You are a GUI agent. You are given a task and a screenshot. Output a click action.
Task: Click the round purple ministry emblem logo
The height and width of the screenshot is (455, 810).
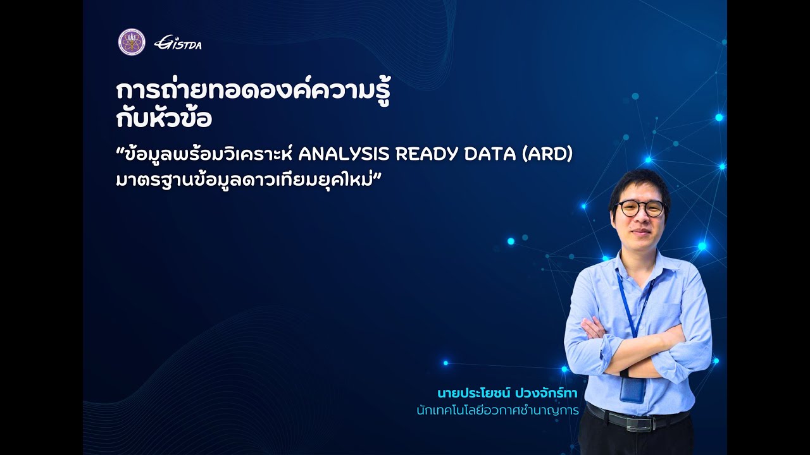click(x=132, y=42)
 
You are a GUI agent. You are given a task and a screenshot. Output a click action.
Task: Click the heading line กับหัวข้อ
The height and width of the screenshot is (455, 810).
click(x=164, y=119)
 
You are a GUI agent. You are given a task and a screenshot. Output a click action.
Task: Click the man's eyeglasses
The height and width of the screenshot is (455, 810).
click(x=640, y=208)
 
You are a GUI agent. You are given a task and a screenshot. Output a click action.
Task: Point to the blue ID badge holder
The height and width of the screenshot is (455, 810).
click(x=632, y=390)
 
